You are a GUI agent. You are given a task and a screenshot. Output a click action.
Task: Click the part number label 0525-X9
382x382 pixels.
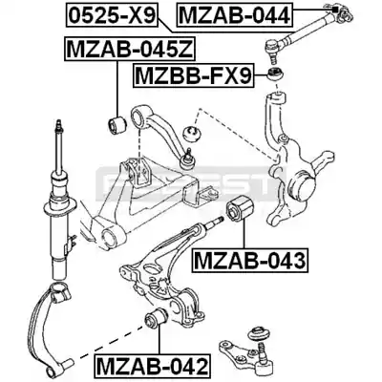coord(112,14)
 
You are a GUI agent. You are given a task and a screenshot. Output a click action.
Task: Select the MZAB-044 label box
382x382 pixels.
coord(234,14)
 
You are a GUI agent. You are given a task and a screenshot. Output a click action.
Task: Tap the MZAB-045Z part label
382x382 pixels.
coord(130,49)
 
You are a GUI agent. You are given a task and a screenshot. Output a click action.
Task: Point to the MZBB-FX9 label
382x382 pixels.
coord(194,75)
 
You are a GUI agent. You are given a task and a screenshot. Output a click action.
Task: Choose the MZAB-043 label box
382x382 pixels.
coord(250,260)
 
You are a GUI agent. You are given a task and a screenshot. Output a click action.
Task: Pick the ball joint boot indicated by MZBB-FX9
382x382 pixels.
coord(275,74)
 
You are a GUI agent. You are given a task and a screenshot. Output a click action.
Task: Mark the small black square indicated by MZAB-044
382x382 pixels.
coord(334,9)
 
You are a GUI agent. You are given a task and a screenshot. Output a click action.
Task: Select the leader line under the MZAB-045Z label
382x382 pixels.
coord(117,88)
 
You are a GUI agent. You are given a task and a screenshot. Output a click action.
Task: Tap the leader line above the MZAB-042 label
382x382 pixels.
coord(159,342)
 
